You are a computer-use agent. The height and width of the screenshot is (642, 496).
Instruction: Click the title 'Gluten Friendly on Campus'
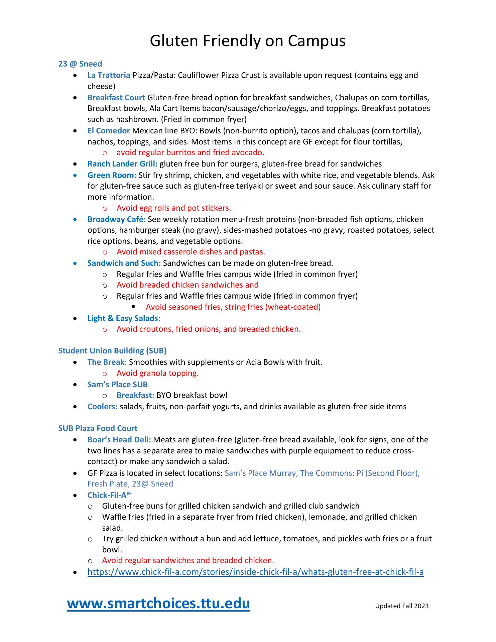point(247,41)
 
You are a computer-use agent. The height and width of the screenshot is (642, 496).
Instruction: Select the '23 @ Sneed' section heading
point(80,64)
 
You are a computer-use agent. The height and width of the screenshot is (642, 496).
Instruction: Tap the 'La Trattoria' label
point(109,75)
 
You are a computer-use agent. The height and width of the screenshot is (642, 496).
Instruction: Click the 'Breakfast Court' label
point(116,98)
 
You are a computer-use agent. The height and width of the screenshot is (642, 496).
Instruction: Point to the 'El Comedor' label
point(109,131)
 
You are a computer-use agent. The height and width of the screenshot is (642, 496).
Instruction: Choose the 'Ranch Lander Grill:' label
point(122,164)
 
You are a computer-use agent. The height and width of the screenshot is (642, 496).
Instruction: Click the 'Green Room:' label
point(112,175)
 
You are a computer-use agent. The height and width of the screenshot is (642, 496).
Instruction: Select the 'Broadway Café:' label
point(116,219)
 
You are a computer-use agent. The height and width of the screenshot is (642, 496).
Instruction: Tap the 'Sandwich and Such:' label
point(124,263)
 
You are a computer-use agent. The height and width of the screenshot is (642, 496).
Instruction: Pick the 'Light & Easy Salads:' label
point(124,318)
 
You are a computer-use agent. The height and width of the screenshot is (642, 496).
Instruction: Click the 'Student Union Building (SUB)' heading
point(112,350)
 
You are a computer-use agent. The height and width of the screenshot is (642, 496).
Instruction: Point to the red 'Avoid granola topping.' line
point(157,373)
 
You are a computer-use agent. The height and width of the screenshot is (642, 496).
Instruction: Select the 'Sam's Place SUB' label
point(117,385)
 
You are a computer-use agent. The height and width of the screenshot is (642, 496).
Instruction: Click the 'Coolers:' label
point(102,407)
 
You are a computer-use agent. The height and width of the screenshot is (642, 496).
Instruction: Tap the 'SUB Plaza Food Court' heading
point(98,428)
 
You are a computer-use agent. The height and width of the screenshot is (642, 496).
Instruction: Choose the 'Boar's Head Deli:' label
point(119,440)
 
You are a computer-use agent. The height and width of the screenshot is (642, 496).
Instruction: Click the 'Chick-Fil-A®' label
point(109,495)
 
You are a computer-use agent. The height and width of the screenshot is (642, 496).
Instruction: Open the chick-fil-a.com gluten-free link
point(255,572)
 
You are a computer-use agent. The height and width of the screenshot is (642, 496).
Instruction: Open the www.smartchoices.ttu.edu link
point(158,604)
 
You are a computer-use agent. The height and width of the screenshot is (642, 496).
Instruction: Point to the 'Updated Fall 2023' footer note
point(401,606)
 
